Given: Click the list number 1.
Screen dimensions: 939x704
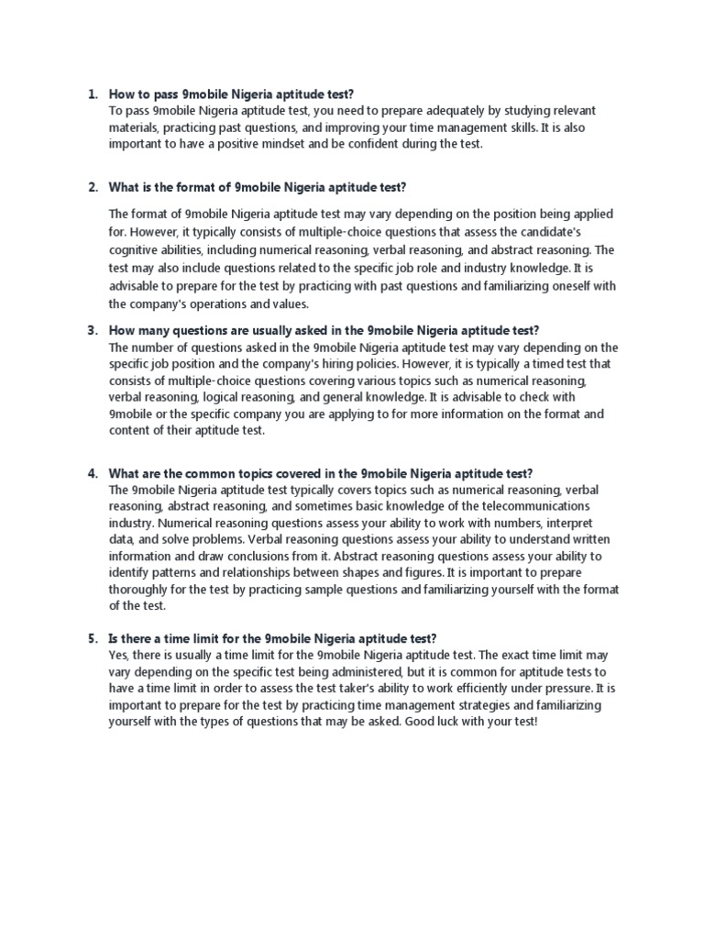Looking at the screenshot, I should coord(92,94).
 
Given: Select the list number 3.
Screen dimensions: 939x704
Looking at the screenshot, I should coord(92,330).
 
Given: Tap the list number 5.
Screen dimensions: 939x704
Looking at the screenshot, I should coord(92,638).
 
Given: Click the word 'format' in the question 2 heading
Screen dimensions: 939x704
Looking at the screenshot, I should coord(202,188).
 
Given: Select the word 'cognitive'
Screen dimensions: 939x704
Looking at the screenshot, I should coord(135,249).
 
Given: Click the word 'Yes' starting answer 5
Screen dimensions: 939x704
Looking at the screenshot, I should coord(118,655).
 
